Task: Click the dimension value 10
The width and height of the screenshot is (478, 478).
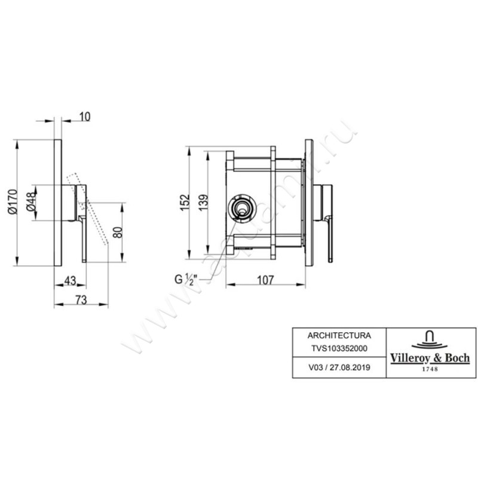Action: pos(84,117)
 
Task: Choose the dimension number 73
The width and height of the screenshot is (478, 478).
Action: pos(81,301)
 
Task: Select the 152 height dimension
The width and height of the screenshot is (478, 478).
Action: pos(184,201)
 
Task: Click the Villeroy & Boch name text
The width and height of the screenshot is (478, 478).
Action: pos(430,358)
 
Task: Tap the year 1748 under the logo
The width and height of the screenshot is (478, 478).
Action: pos(430,369)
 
